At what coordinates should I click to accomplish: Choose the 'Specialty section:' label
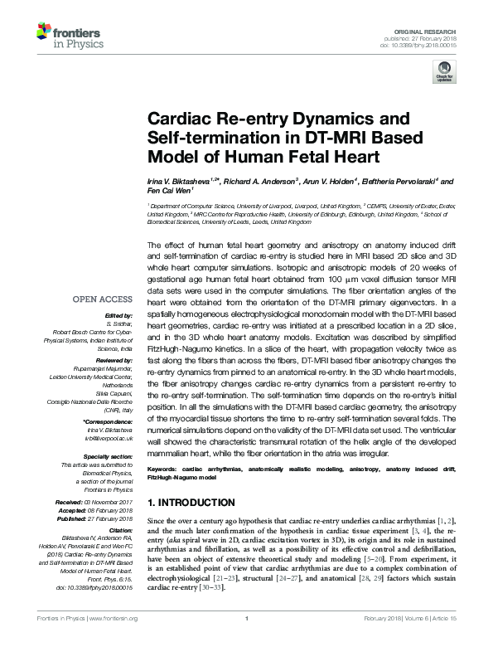pyautogui.click(x=109, y=456)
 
